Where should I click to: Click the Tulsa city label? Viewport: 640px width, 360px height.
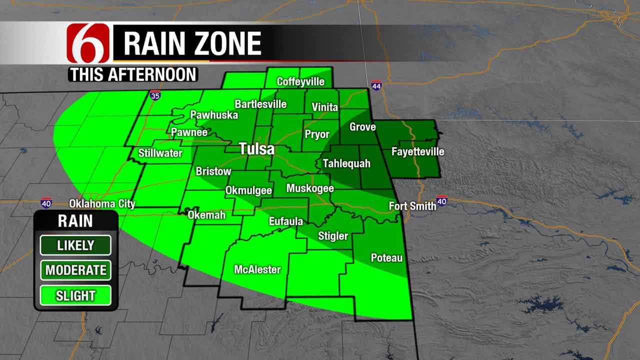(x=256, y=149)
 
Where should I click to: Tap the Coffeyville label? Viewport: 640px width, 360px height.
(x=300, y=81)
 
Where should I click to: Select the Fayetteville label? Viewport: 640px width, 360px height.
(x=417, y=151)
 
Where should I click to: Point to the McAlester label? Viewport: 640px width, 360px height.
(x=257, y=269)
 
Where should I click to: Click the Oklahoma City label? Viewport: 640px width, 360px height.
(x=102, y=204)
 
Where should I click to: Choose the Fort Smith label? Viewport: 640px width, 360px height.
(x=412, y=206)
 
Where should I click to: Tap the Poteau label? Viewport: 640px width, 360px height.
(x=386, y=258)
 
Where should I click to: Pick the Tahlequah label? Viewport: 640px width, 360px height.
(x=346, y=163)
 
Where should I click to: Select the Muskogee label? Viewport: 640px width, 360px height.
(x=309, y=188)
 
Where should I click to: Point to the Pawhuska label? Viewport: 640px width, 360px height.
(x=214, y=115)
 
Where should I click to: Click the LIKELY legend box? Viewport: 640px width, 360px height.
(x=75, y=245)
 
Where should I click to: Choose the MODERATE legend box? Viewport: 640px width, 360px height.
(x=75, y=270)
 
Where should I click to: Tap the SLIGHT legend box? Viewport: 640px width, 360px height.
(x=75, y=295)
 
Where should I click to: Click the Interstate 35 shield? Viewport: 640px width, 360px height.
(x=155, y=95)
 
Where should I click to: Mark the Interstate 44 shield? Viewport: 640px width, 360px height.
(x=376, y=85)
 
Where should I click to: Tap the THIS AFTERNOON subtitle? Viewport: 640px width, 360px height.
(x=133, y=74)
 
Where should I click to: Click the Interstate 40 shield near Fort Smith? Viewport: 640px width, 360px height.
(x=441, y=201)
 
